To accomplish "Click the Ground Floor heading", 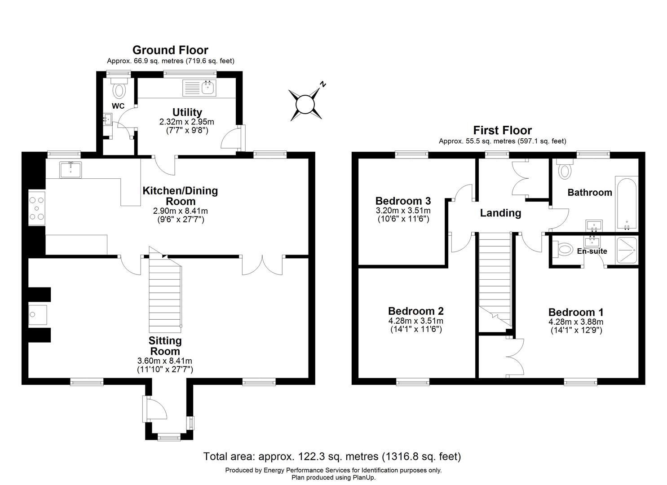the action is [x=170, y=50].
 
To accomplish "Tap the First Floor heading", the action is [x=502, y=130].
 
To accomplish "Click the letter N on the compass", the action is [x=322, y=84].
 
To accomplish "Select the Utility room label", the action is [x=187, y=112].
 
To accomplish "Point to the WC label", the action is [x=118, y=106].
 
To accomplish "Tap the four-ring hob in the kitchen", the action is [x=37, y=208].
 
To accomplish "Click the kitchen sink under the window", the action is [x=71, y=170].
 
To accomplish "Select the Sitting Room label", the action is [x=165, y=346].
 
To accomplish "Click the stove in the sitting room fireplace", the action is [x=38, y=315].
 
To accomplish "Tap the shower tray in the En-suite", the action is [x=627, y=250].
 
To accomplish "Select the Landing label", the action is [x=500, y=213].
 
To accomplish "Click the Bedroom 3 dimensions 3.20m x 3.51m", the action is [x=403, y=211].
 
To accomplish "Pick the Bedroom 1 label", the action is [x=576, y=312].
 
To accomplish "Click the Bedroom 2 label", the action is [x=415, y=311].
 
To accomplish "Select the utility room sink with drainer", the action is [x=199, y=88].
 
